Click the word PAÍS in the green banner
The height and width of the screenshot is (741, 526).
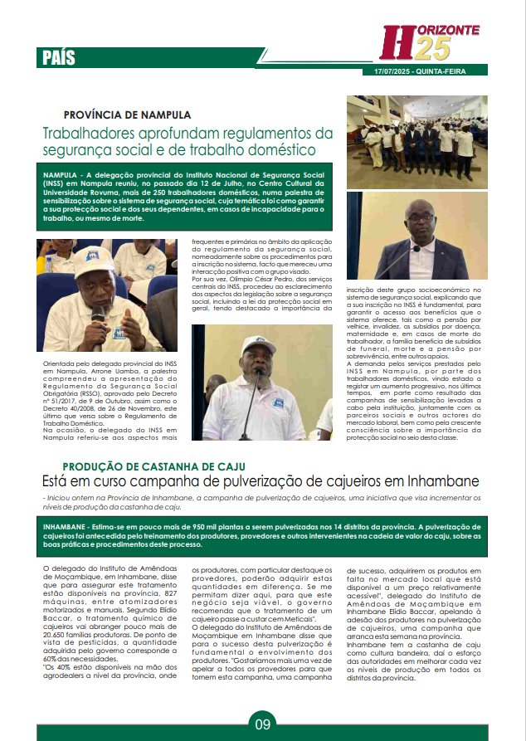[59, 57]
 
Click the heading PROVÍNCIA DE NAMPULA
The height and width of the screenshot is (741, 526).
[127, 115]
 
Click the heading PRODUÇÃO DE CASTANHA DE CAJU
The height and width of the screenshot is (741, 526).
[153, 467]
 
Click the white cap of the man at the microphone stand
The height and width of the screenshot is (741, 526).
[258, 344]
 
